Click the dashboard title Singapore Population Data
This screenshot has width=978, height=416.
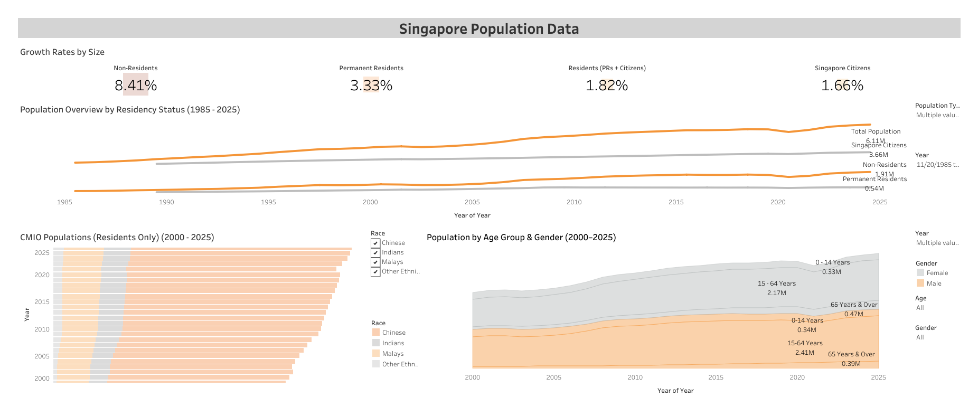click(488, 29)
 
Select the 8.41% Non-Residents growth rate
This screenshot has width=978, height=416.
click(136, 86)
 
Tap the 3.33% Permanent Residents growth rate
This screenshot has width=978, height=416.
click(371, 86)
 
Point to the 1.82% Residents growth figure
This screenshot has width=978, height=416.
click(607, 86)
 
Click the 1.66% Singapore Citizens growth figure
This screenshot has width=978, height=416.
click(842, 86)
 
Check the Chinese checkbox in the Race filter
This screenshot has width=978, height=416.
click(375, 243)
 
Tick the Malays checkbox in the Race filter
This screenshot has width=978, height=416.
click(375, 262)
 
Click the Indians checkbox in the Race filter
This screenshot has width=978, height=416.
click(375, 253)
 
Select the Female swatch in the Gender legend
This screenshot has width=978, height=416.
click(920, 273)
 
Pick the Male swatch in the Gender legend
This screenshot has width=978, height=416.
click(920, 283)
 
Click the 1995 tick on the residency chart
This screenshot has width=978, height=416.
click(268, 202)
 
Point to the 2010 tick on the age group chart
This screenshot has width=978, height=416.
click(635, 377)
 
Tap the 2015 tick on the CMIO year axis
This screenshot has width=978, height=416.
click(42, 302)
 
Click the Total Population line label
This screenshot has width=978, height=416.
click(876, 131)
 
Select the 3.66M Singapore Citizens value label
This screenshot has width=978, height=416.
click(879, 155)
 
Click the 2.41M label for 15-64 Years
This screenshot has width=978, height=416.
click(805, 353)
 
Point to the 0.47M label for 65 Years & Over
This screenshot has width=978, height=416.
click(854, 314)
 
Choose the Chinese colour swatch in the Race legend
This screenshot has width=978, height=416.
click(376, 333)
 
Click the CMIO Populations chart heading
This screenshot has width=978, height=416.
click(117, 238)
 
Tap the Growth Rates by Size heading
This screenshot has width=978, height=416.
click(62, 52)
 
